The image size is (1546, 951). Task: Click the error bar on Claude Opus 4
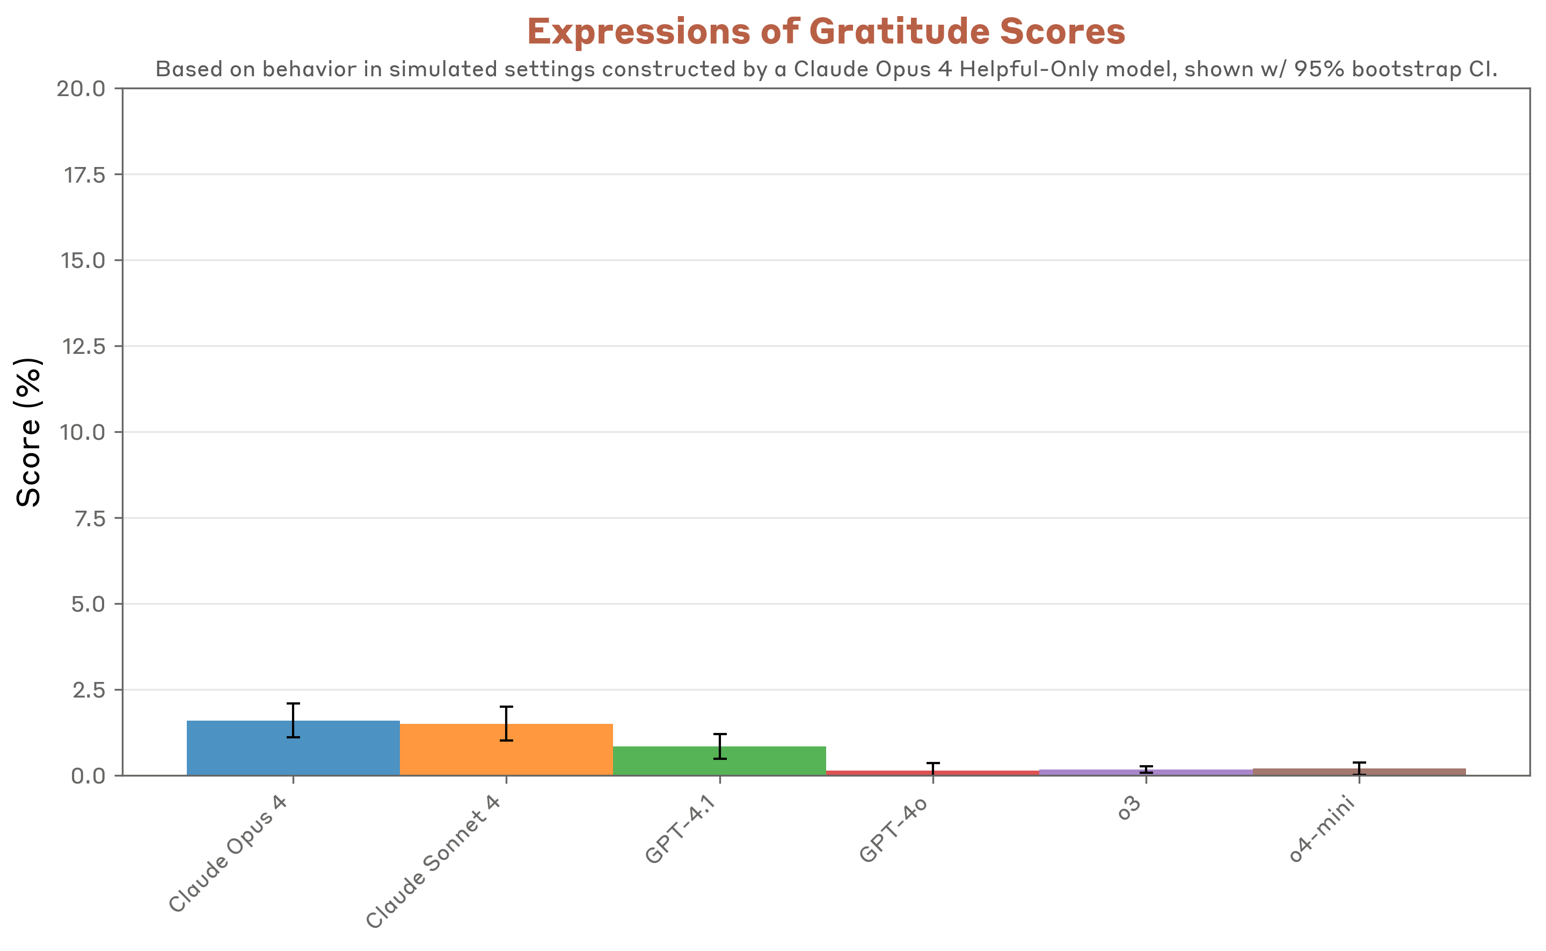pos(293,721)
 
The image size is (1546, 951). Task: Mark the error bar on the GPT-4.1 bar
pos(720,746)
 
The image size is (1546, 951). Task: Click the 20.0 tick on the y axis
pos(81,89)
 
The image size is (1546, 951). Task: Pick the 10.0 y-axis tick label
pos(82,433)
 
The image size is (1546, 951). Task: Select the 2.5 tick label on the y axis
pos(89,691)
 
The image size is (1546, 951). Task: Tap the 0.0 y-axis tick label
pos(88,776)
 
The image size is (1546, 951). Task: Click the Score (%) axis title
pos(28,432)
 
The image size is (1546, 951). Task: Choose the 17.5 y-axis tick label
pos(85,175)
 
